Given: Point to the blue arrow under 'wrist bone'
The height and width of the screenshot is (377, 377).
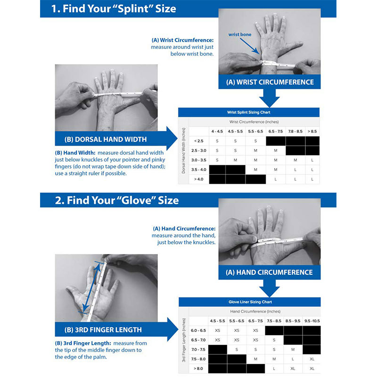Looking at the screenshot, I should (254, 47).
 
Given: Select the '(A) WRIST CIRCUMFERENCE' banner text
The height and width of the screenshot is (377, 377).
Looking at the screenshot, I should (270, 82).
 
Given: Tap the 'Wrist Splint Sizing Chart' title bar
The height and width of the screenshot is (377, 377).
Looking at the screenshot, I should (248, 112).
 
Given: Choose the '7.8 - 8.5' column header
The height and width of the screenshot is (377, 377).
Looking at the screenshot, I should (295, 131).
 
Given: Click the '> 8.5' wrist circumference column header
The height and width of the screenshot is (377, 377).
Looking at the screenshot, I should (312, 131).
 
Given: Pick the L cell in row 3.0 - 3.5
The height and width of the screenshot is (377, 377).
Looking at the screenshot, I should (312, 160).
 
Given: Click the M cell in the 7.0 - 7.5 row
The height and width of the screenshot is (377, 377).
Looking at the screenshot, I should (293, 349).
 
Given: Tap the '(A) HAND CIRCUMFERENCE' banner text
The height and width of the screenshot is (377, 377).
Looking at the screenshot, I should (269, 272).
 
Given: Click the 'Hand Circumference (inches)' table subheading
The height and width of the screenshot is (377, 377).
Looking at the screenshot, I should (254, 311).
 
